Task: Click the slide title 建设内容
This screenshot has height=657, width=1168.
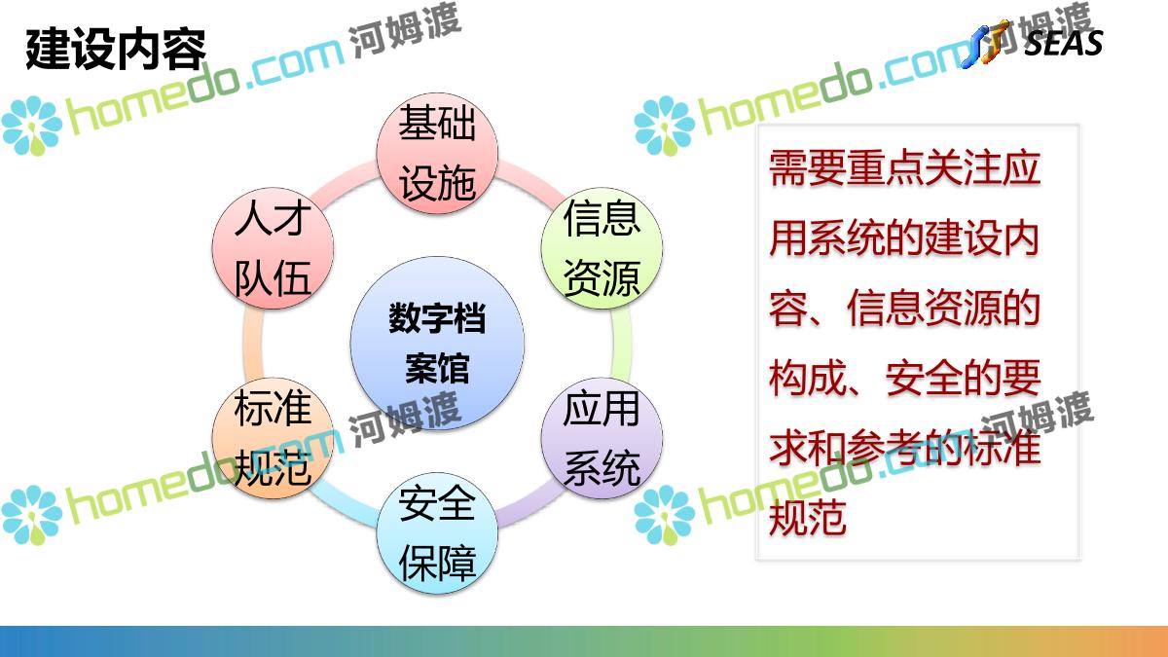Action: pos(116,50)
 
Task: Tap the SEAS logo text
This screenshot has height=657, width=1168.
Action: pos(1063,43)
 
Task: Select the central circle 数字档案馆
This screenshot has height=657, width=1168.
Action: pos(437,343)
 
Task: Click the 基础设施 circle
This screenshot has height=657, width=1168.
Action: pos(437,154)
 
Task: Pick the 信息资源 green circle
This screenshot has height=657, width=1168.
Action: pos(602,248)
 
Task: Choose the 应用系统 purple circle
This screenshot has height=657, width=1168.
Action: pos(602,438)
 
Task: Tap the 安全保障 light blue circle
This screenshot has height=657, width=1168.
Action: pos(437,533)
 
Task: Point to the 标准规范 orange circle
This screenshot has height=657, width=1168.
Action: pos(273,438)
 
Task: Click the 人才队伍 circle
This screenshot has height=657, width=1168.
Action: pos(273,248)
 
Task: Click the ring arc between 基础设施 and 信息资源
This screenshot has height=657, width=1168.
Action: pos(524,179)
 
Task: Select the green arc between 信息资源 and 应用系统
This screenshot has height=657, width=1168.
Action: pos(622,343)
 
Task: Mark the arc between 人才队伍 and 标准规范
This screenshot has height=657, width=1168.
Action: pos(252,343)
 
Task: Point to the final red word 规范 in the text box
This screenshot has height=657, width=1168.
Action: pos(807,517)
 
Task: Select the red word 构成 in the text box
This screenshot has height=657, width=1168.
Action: pos(807,378)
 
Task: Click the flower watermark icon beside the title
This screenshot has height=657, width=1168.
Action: pos(32,126)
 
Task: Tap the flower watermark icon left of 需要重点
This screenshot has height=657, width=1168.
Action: pos(664,126)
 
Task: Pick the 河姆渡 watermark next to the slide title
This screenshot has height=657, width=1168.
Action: pos(404,30)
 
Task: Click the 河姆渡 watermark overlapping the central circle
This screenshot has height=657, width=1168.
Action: pos(404,420)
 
